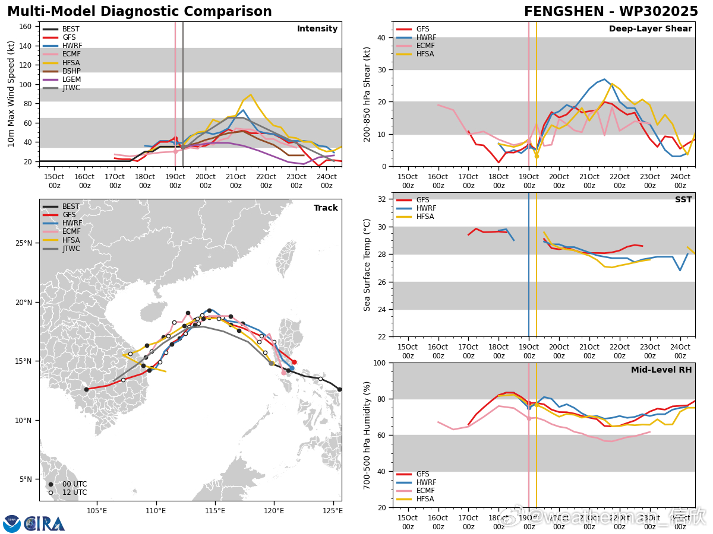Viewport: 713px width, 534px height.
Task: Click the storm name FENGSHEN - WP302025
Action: tap(611, 12)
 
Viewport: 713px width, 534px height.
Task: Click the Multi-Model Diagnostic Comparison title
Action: tap(140, 12)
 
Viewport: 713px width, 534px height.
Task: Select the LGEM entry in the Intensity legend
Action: tap(71, 80)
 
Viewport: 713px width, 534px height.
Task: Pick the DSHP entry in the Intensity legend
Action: tap(71, 71)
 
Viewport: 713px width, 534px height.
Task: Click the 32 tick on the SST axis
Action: tap(382, 199)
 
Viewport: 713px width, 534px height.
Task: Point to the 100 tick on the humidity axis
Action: tap(380, 363)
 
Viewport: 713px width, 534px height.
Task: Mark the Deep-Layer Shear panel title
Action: tap(650, 29)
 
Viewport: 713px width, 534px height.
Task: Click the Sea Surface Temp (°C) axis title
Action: tap(368, 265)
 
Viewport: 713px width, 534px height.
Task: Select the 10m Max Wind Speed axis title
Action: tap(11, 93)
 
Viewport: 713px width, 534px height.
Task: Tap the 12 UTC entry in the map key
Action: tap(74, 492)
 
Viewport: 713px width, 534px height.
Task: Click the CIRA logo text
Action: tap(45, 524)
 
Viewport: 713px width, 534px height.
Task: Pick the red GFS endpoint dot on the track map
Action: tap(294, 362)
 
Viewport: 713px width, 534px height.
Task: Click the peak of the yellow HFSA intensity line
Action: tap(251, 95)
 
